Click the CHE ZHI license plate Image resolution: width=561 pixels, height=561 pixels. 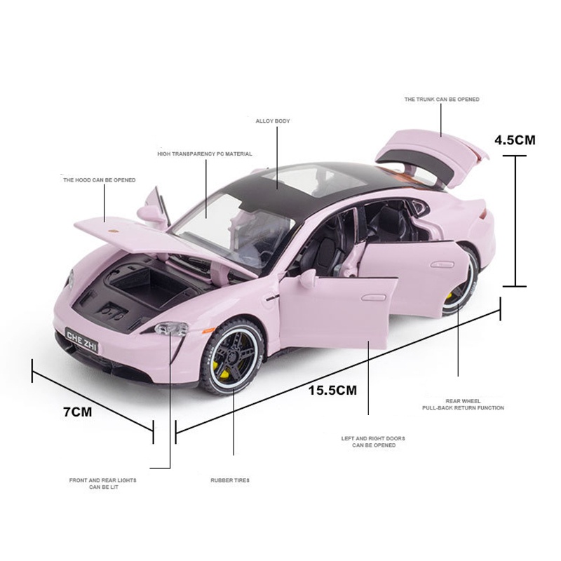[81, 340]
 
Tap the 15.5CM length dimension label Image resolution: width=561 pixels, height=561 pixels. [332, 390]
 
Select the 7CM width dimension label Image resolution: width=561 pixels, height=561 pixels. [78, 412]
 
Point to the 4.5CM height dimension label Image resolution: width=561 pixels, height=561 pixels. [515, 140]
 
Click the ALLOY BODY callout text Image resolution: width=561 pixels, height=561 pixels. [273, 121]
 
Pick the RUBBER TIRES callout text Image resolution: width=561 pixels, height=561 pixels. [230, 480]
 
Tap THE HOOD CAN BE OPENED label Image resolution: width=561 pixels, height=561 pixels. [100, 180]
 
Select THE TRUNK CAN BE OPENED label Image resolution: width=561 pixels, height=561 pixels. [442, 99]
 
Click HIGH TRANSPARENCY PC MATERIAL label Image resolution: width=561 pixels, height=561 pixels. [205, 154]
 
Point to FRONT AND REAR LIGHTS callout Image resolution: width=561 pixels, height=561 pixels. [102, 483]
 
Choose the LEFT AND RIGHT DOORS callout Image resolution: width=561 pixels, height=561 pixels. [373, 442]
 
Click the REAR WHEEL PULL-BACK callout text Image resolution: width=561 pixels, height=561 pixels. [463, 405]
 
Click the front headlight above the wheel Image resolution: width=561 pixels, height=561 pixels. [172, 328]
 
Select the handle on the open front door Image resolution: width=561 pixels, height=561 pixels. [373, 297]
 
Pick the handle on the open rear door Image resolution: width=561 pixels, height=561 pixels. [442, 265]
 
